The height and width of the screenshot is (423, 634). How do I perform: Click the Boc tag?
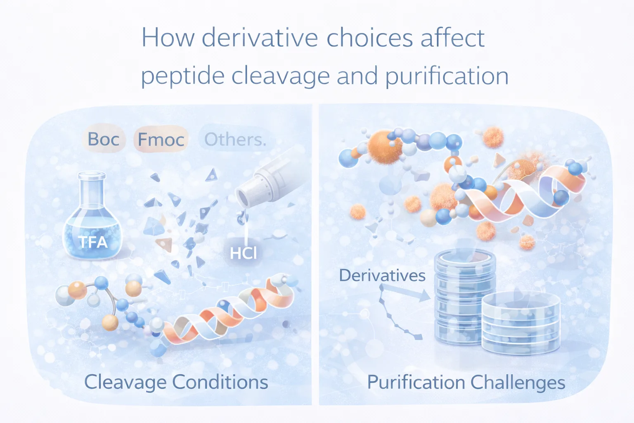104,139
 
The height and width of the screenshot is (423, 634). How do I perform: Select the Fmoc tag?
161,140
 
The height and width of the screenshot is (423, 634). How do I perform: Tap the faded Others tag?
235,140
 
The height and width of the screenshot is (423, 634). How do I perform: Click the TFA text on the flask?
93,242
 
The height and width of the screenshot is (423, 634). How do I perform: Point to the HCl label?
244,253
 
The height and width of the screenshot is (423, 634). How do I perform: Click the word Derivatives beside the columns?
382,276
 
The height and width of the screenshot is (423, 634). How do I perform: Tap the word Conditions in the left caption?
220,382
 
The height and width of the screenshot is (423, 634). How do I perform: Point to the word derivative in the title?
260,38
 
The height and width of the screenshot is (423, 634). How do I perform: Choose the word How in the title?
168,38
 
